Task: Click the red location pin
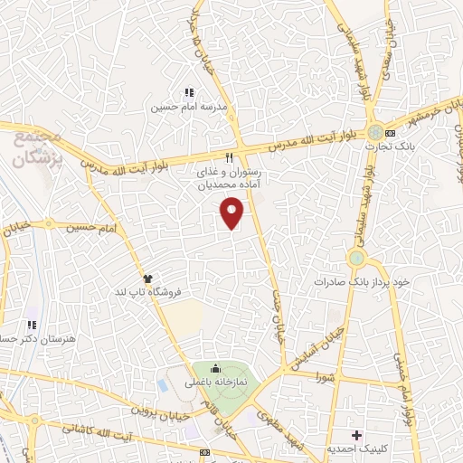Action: point(232,213)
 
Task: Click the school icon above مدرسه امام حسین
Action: point(188,92)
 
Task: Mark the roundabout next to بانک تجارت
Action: point(373,131)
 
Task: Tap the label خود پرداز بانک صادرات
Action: point(362,281)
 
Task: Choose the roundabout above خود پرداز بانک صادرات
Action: point(356,259)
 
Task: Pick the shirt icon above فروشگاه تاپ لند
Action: point(146,279)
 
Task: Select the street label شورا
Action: point(331,371)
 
